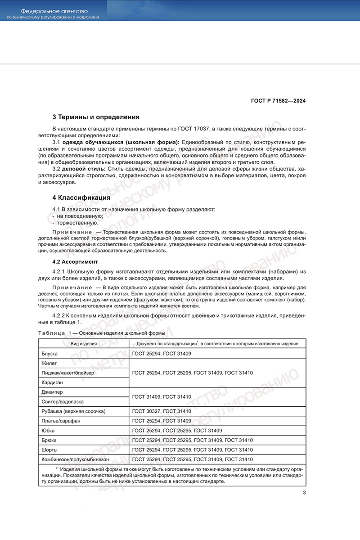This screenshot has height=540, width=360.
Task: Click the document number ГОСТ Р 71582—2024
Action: (x=279, y=101)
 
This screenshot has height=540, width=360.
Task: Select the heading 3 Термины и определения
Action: (x=96, y=117)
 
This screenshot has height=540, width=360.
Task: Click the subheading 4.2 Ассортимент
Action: (x=75, y=261)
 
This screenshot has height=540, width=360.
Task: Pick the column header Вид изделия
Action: (x=83, y=344)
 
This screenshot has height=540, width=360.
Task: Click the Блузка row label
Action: (x=49, y=354)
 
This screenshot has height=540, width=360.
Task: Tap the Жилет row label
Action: (x=49, y=363)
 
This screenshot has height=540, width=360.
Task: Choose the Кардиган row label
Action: (x=52, y=382)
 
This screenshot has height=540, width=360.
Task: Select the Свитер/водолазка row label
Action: (x=62, y=401)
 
